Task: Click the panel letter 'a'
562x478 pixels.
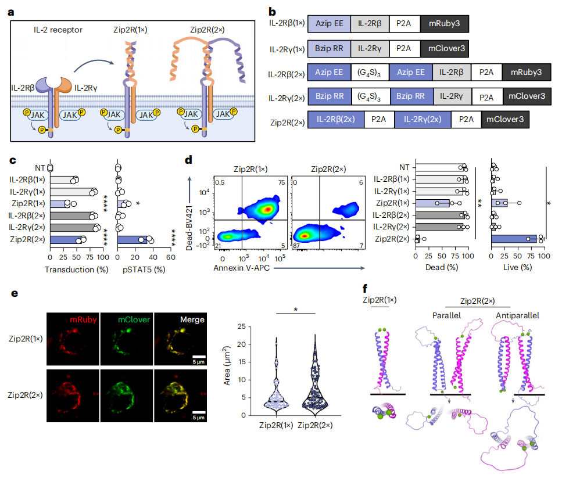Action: click(x=11, y=13)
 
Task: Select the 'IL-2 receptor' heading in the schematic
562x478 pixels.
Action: click(x=58, y=30)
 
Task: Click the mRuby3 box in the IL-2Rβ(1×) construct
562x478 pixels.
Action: click(x=445, y=24)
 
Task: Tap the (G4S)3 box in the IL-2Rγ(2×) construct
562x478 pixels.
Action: click(x=368, y=96)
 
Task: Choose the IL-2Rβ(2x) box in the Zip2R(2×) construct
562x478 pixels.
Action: click(x=335, y=119)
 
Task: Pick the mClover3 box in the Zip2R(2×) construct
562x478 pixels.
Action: click(x=505, y=119)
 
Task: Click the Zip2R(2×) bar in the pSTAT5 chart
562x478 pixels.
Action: click(x=133, y=239)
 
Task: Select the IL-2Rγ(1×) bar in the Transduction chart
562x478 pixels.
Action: click(x=71, y=192)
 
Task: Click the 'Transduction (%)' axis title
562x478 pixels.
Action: click(x=76, y=269)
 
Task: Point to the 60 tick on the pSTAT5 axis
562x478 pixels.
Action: click(x=171, y=257)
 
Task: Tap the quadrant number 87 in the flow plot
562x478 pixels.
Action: click(x=296, y=246)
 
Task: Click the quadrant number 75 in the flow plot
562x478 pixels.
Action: click(x=282, y=182)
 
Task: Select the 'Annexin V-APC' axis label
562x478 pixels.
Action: click(x=241, y=268)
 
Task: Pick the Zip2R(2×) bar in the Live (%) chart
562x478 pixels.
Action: click(x=514, y=239)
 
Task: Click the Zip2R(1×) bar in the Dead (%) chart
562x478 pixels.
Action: click(x=432, y=203)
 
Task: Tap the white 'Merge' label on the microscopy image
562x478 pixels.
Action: click(x=192, y=319)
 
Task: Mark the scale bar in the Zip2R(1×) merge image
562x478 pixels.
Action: click(x=199, y=357)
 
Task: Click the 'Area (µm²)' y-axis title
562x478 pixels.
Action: click(x=227, y=365)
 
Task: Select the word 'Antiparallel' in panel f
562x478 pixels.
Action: click(x=517, y=315)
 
